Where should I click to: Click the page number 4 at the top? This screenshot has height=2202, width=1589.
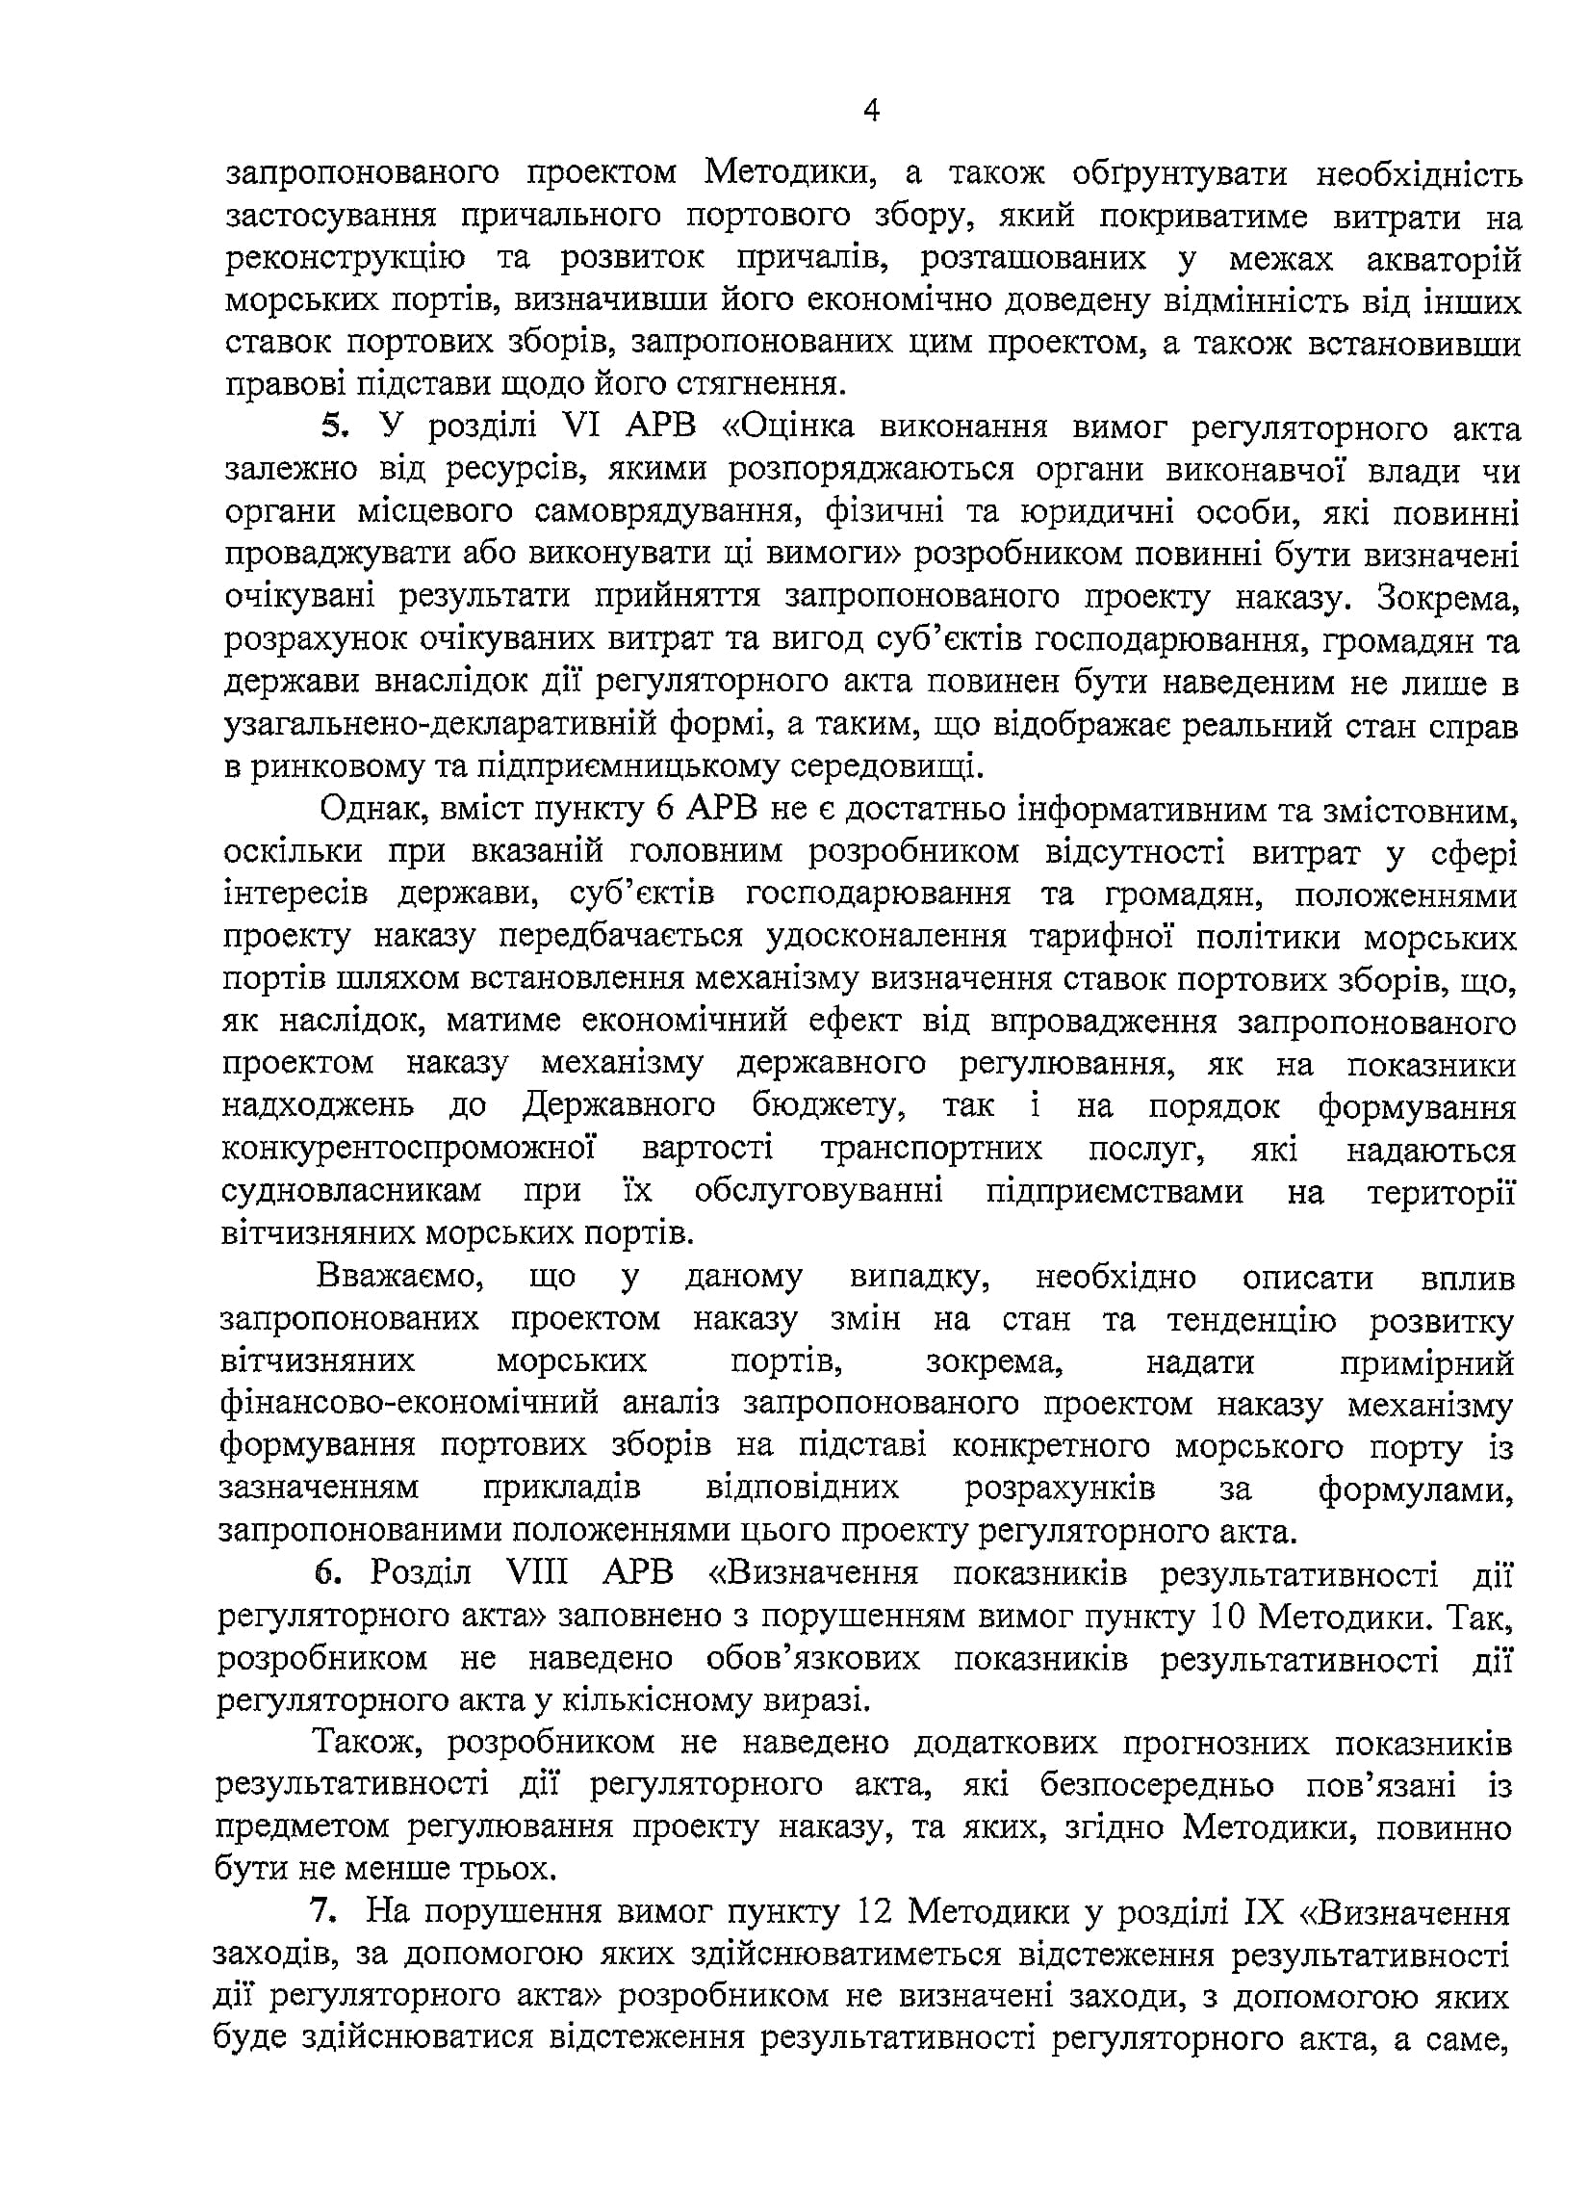pyautogui.click(x=871, y=112)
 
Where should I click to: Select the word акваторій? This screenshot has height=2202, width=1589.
pyautogui.click(x=1444, y=259)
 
